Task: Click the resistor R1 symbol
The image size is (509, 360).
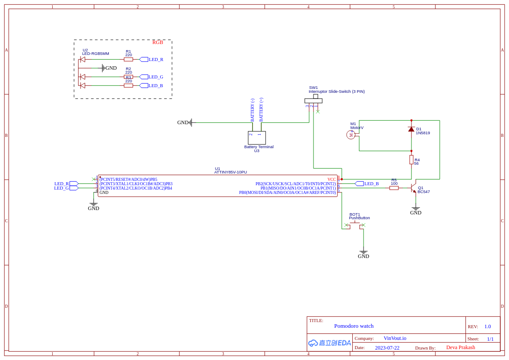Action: pyautogui.click(x=128, y=59)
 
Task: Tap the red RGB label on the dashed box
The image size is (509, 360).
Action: pyautogui.click(x=158, y=42)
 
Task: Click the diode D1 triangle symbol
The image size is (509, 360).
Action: pyautogui.click(x=411, y=129)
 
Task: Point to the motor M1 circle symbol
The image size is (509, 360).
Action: pyautogui.click(x=351, y=135)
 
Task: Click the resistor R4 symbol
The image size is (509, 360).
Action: pyautogui.click(x=411, y=160)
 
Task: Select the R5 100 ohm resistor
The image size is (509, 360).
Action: pyautogui.click(x=394, y=188)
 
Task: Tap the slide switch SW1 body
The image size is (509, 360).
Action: pyautogui.click(x=313, y=101)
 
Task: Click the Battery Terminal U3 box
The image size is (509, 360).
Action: pyautogui.click(x=257, y=138)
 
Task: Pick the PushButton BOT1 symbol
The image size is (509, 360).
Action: pyautogui.click(x=355, y=224)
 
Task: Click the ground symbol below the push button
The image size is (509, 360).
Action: pyautogui.click(x=364, y=252)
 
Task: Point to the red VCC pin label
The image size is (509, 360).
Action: pyautogui.click(x=332, y=180)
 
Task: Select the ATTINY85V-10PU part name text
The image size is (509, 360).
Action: pyautogui.click(x=230, y=172)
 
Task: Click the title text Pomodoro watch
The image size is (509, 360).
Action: pyautogui.click(x=354, y=326)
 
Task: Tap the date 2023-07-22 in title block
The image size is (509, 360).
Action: pyautogui.click(x=387, y=348)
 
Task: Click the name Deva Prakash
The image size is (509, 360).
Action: pyautogui.click(x=460, y=347)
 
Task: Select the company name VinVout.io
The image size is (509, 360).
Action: pyautogui.click(x=395, y=338)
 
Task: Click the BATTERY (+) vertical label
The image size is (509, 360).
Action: pyautogui.click(x=261, y=109)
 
